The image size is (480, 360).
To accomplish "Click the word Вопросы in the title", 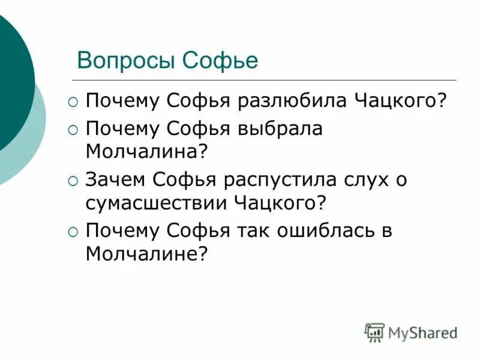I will click(x=126, y=61).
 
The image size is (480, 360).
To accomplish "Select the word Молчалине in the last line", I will click(x=146, y=254).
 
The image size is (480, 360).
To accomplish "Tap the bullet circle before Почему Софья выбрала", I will click(x=73, y=130).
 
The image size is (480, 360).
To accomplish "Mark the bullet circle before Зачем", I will click(x=73, y=181).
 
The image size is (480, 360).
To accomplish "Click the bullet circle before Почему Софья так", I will click(x=73, y=232).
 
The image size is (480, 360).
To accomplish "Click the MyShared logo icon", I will click(x=374, y=332).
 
